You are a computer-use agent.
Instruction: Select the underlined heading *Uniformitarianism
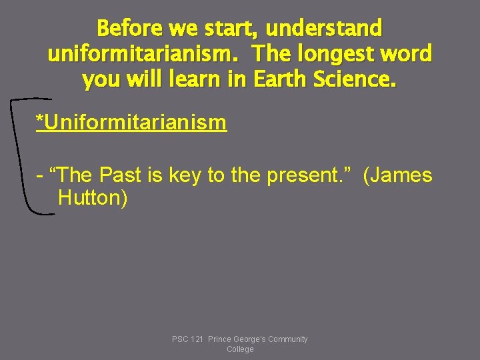[131, 123]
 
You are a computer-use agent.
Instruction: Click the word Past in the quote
[120, 175]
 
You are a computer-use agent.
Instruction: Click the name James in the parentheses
[404, 175]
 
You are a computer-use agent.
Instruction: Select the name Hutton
[92, 198]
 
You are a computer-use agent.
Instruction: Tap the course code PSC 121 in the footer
[188, 339]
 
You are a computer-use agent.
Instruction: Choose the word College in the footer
[240, 349]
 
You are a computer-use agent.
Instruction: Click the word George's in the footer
[247, 339]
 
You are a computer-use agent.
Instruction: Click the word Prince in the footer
[219, 339]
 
